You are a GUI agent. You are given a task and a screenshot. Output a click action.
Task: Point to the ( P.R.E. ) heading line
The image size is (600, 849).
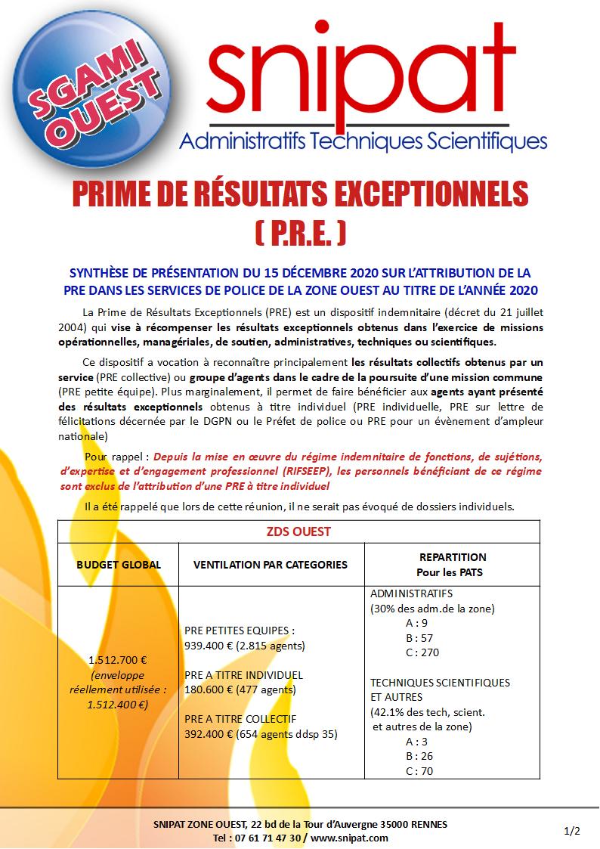(299, 231)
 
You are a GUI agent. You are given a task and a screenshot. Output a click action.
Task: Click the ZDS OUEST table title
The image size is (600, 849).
(299, 531)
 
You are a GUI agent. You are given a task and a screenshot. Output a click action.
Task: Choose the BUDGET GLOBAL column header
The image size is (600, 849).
(119, 565)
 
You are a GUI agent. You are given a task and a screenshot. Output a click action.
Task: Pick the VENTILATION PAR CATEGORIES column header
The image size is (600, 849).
(271, 565)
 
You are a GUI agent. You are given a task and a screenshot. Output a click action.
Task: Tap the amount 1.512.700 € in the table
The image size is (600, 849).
(118, 659)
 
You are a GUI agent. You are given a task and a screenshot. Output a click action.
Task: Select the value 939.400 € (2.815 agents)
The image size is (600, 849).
(245, 645)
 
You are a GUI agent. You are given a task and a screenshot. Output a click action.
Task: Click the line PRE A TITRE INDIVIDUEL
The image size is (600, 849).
(243, 674)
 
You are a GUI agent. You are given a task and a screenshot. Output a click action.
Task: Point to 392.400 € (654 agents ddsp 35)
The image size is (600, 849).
(261, 733)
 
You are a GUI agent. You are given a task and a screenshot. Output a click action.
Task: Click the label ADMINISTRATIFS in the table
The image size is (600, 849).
(411, 593)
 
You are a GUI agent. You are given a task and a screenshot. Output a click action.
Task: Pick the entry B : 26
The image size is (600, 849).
(419, 756)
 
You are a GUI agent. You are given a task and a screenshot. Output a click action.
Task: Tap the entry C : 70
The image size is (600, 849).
(419, 771)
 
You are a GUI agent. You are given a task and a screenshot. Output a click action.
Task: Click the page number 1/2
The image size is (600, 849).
(572, 831)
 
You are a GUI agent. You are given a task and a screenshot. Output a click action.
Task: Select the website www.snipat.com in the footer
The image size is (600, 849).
(349, 838)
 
